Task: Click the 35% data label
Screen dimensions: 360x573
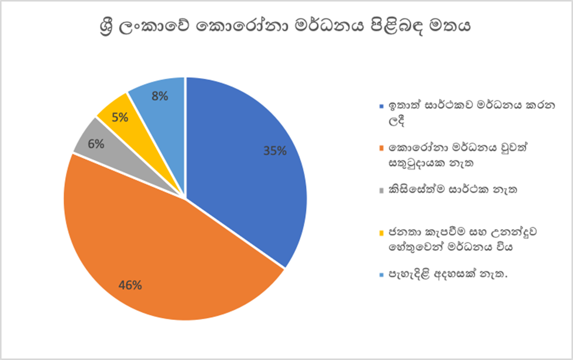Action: [x=274, y=151]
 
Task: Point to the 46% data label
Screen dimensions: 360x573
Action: [x=130, y=285]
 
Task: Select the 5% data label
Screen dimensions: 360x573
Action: [x=120, y=117]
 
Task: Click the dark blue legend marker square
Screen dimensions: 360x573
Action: [x=382, y=107]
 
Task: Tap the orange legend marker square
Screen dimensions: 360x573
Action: [x=382, y=149]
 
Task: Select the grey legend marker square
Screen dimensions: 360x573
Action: [x=382, y=190]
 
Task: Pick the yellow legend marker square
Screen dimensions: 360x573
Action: [x=382, y=232]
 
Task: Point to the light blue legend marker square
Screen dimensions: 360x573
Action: [x=382, y=274]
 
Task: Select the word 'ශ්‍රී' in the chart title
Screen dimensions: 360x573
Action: [x=109, y=28]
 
